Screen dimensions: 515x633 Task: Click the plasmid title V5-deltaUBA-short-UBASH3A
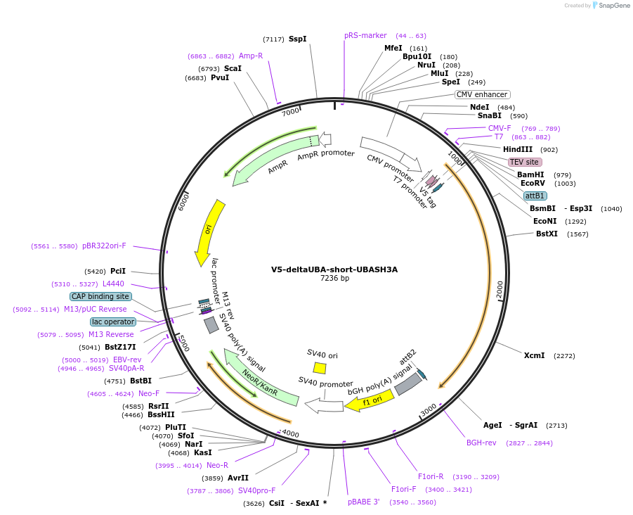[x=334, y=269]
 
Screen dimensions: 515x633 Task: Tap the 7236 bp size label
[x=334, y=279]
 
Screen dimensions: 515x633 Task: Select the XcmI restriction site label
[x=534, y=355]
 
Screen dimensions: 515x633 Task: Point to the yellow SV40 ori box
[x=320, y=368]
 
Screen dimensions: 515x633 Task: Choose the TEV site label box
[x=525, y=162]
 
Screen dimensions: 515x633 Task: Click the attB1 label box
[x=535, y=196]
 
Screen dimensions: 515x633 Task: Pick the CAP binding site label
[x=100, y=296]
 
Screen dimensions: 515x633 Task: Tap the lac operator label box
[x=112, y=322]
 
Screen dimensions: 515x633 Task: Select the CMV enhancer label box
[x=482, y=94]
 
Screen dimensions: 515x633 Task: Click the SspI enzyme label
[x=297, y=39]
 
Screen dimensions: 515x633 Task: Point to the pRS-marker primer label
[x=365, y=36]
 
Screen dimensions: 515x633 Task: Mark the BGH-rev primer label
[x=481, y=443]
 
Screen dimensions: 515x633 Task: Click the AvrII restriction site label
[x=238, y=478]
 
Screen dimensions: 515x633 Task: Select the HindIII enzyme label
[x=518, y=149]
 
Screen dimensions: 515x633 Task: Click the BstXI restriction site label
[x=547, y=234]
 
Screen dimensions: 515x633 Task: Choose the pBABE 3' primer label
[x=364, y=502]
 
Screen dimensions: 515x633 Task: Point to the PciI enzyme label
[x=118, y=271]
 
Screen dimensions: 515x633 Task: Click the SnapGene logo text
[x=613, y=6]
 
